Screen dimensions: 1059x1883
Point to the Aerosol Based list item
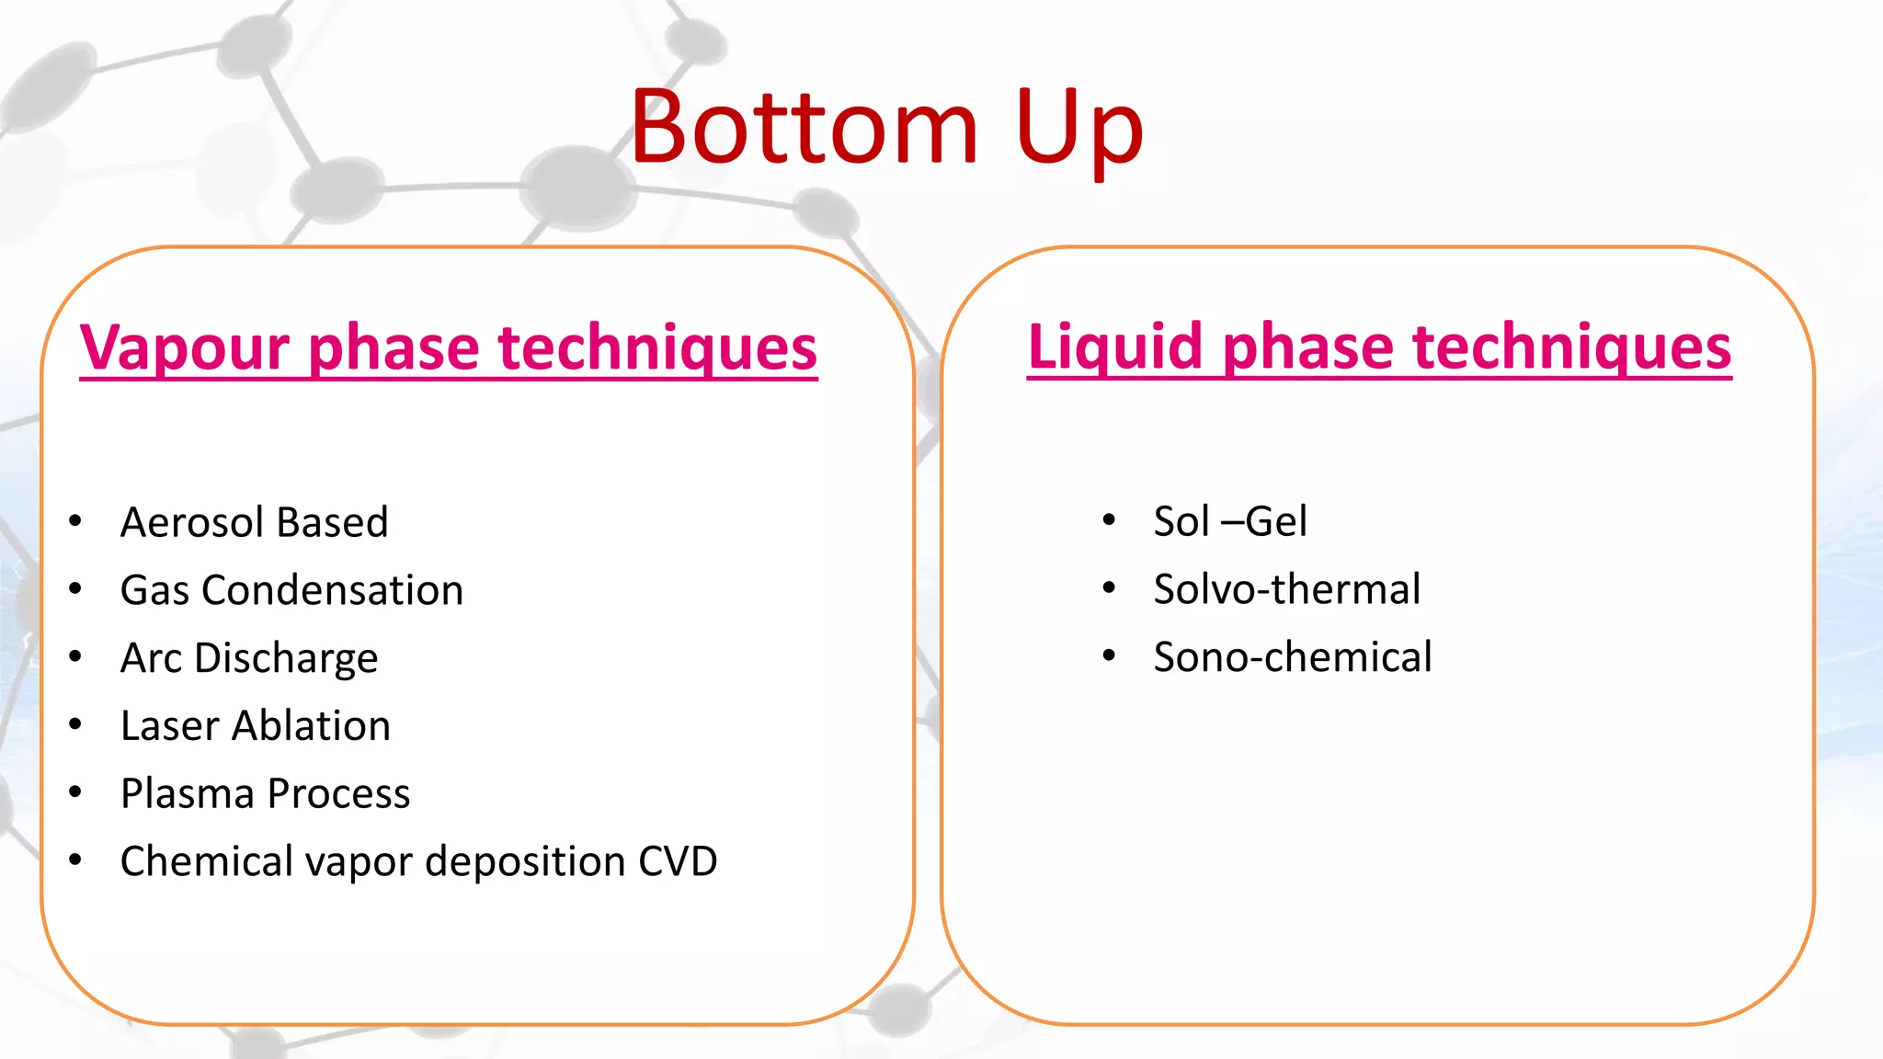pos(255,522)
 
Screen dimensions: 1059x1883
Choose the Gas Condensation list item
pos(291,590)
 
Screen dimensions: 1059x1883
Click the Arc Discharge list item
pos(249,658)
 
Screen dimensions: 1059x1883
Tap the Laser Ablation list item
pos(256,725)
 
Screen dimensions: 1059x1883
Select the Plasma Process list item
pos(265,793)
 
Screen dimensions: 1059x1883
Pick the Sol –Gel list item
pos(1230,522)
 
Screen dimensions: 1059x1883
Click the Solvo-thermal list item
pos(1286,589)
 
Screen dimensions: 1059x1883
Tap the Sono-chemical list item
pos(1293,657)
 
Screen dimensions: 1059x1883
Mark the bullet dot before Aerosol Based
pos(75,521)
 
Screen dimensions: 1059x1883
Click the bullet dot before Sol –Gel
pos(1109,520)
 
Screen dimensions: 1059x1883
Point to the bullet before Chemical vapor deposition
pos(75,860)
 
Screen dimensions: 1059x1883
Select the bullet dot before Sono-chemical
pos(1109,656)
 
